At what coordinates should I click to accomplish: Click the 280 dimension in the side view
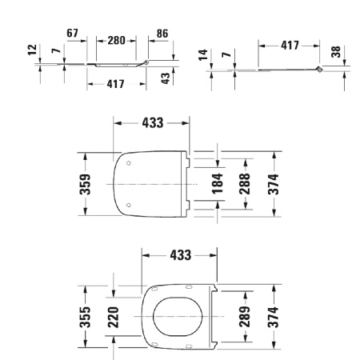pos(117,40)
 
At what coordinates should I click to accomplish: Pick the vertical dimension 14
pos(202,54)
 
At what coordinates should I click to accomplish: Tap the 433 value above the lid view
pos(152,122)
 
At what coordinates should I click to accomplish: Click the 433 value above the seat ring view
pos(181,254)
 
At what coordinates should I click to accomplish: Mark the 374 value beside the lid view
pos(274,185)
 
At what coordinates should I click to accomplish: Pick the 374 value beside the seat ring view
pos(274,317)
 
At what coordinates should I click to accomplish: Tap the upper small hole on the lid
pos(130,163)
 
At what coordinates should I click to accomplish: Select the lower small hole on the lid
pos(130,207)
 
